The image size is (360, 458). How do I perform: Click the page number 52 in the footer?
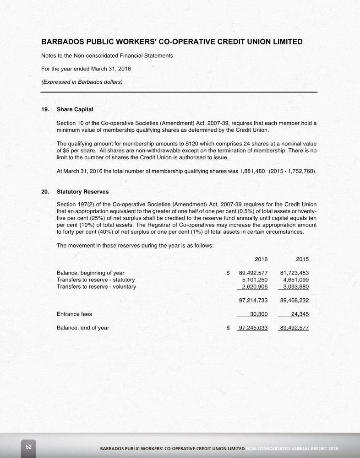coord(28,447)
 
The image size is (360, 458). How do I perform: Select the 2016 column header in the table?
coord(261,259)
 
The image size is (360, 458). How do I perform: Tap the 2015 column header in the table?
coord(302,259)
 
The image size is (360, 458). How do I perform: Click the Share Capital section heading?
coord(75,110)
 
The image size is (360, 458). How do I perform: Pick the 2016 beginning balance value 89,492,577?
coord(253,273)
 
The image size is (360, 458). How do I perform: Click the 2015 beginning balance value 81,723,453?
coord(294,273)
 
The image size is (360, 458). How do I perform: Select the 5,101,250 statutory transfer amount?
coord(255,280)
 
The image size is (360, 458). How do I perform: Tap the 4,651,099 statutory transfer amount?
coord(296,280)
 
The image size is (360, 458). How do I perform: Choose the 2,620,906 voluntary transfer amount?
coord(255,287)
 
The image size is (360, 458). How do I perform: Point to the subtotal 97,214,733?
coord(253,301)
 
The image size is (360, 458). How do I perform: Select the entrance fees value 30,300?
coord(259,314)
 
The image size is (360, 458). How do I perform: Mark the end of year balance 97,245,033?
coord(253,328)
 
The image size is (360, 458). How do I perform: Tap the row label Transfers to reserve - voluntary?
coord(96,287)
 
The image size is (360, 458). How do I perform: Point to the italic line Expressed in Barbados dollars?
coord(82,82)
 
